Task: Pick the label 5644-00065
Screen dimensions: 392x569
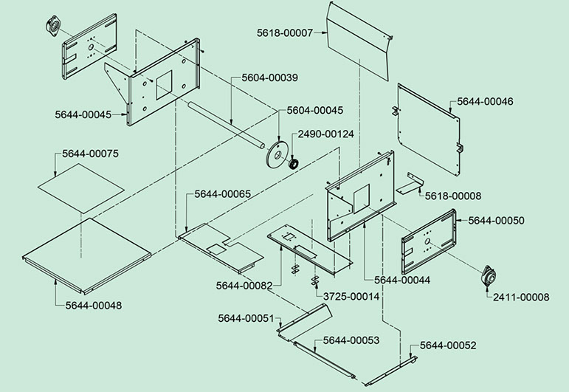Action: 223,194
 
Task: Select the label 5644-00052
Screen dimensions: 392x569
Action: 448,345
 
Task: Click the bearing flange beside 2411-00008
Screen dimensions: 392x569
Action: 488,278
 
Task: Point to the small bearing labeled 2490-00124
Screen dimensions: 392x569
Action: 294,162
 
